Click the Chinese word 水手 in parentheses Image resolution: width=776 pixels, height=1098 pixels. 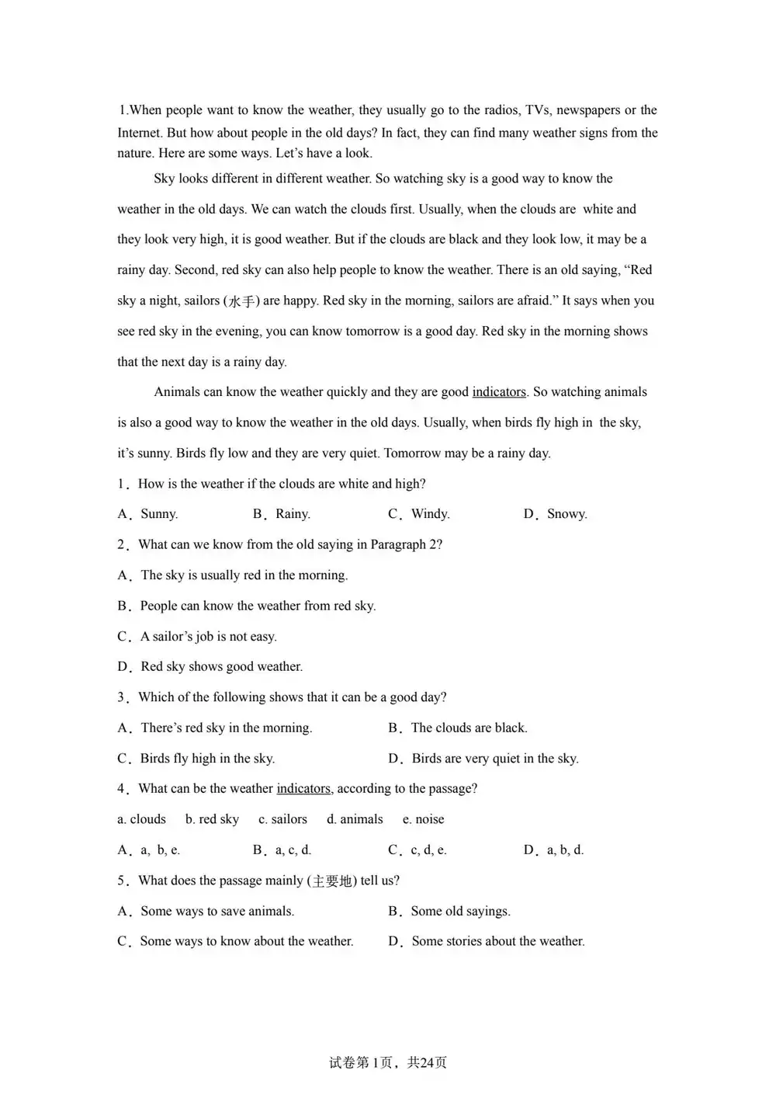point(241,301)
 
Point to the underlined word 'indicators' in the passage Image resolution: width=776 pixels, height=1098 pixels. point(499,392)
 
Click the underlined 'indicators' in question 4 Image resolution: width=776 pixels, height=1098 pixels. point(303,789)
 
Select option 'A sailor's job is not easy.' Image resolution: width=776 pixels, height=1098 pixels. point(208,637)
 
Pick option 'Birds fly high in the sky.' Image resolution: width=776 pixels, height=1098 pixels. point(207,759)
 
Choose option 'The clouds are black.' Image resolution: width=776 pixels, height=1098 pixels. point(469,728)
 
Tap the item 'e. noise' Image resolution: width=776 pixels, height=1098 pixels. point(424,819)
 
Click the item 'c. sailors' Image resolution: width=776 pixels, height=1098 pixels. point(282,819)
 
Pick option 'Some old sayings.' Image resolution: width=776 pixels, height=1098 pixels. point(460,912)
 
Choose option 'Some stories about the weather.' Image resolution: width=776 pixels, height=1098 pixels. point(497,942)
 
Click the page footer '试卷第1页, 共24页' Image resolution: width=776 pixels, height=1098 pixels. point(388,1063)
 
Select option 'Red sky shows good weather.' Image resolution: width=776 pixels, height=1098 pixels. point(221,667)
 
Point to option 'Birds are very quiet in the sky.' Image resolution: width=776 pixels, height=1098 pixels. point(494,759)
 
